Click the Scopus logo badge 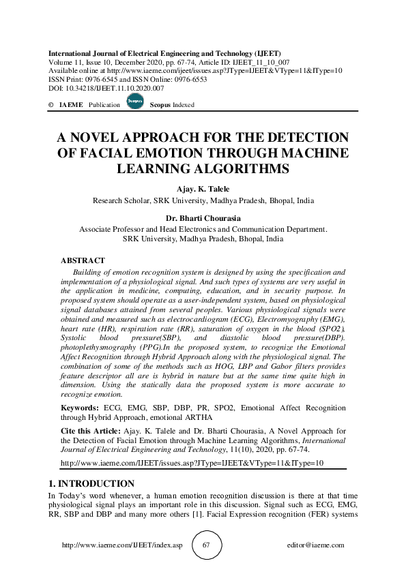[134, 103]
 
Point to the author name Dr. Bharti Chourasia [203, 219]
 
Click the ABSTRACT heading [83, 261]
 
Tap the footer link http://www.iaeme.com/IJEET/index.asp [122, 545]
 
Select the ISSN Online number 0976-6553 [194, 80]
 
